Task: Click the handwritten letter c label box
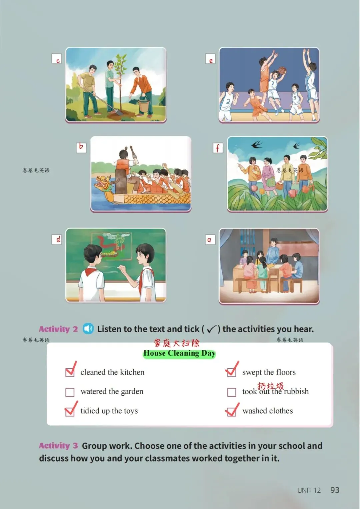[57, 59]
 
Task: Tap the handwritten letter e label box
[210, 59]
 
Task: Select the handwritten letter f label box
[218, 148]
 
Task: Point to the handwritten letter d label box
[57, 239]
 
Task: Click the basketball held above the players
[282, 70]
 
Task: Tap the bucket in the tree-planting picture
[144, 105]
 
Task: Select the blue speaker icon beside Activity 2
[88, 329]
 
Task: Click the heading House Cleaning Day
[179, 353]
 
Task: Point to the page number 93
[335, 490]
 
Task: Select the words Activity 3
[58, 446]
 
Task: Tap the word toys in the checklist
[131, 411]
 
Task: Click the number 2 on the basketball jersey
[228, 101]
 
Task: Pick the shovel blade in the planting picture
[119, 112]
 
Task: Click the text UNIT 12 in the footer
[309, 490]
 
